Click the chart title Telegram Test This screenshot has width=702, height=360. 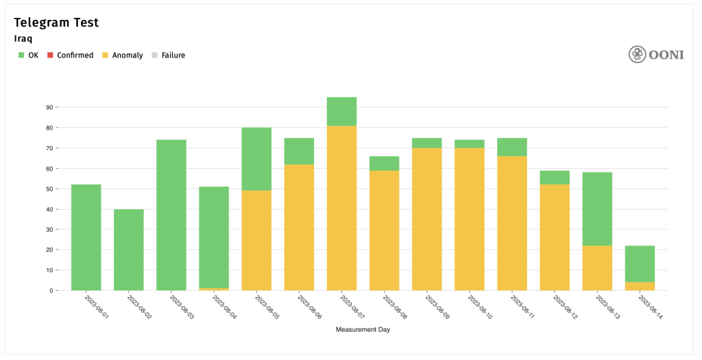[56, 23]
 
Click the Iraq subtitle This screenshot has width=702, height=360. [23, 39]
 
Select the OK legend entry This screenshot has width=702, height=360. [28, 55]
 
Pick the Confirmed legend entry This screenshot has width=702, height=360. [70, 55]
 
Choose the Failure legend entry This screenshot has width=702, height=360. [169, 55]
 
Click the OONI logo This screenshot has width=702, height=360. [656, 54]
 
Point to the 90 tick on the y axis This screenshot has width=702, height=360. [49, 107]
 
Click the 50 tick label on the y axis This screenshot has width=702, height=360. [49, 189]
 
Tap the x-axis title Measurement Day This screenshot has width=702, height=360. [363, 330]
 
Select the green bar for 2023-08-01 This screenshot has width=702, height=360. [86, 237]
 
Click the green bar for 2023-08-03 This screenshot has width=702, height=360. [171, 215]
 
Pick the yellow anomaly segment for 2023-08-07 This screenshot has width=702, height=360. [341, 208]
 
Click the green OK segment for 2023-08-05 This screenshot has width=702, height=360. [256, 159]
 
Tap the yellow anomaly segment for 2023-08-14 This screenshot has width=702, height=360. [640, 286]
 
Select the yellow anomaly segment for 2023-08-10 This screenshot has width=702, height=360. [469, 219]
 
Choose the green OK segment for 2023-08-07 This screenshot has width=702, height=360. [341, 111]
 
